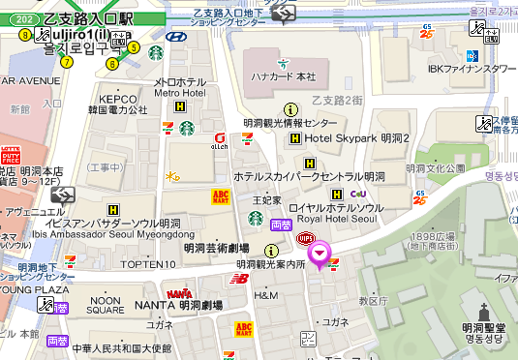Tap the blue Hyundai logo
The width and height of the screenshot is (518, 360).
click(175, 37)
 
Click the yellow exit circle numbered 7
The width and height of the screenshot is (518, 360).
click(67, 62)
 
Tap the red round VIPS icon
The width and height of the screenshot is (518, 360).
click(305, 236)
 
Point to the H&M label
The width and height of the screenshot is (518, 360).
click(265, 294)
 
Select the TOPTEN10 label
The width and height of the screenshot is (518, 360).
click(142, 263)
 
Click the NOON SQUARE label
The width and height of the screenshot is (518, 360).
click(106, 305)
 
